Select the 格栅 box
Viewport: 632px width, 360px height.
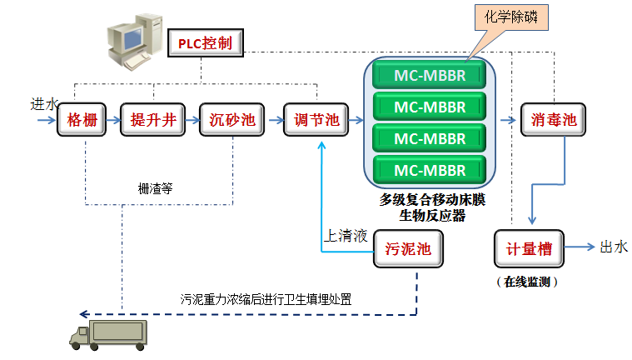click(83, 120)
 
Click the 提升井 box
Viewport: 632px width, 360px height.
click(153, 120)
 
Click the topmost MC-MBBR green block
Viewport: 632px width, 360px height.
click(430, 75)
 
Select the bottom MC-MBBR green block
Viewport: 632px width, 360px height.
click(430, 171)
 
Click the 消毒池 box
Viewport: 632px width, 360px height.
click(552, 120)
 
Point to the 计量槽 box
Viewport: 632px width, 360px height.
click(530, 247)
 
